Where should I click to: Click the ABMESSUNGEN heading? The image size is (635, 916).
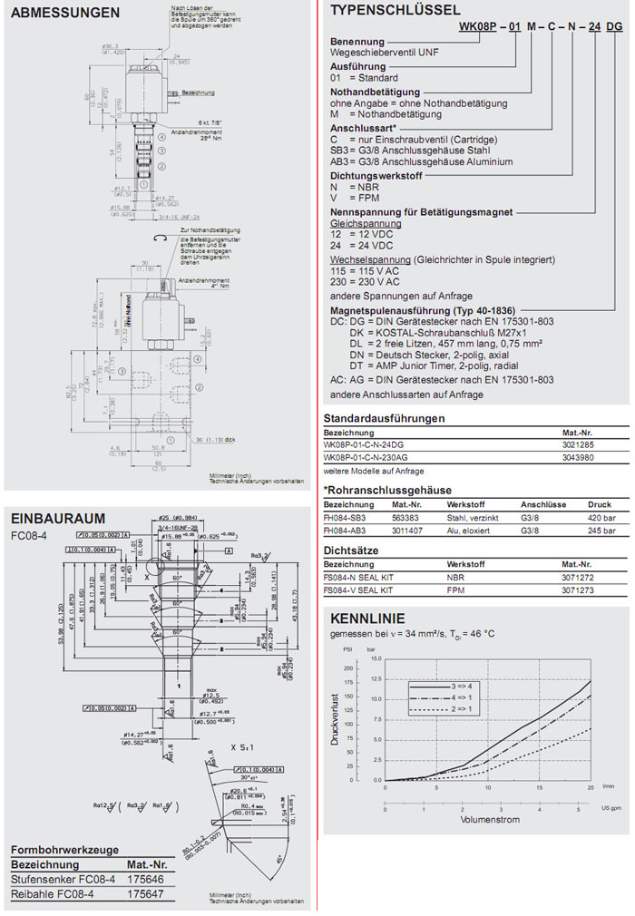(65, 13)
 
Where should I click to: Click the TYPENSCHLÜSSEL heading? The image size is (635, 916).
(394, 11)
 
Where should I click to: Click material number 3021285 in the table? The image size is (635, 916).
(580, 446)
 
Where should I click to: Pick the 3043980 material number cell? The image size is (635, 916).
(580, 458)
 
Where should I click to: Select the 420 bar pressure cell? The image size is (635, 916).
(601, 517)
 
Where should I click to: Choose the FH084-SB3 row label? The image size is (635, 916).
(344, 517)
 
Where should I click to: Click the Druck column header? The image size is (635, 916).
(600, 504)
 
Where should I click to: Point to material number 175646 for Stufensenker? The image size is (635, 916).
(143, 879)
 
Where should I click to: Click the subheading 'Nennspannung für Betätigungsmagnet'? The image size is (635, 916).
(421, 212)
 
